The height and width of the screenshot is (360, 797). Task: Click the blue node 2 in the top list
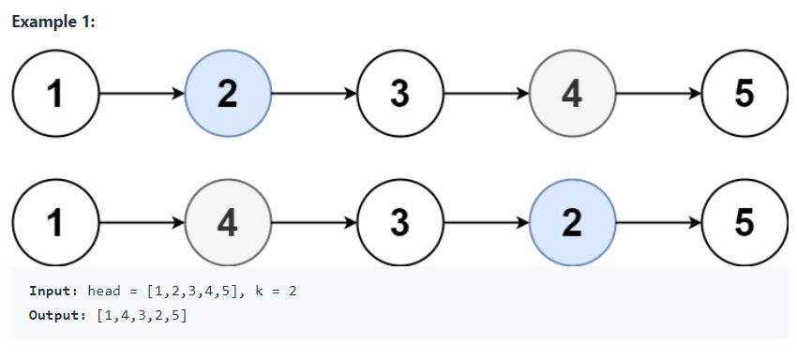point(228,95)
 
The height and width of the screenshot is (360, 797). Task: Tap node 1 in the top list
point(56,95)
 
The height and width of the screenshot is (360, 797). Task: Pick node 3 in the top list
point(400,95)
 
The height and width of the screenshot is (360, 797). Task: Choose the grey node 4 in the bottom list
point(228,223)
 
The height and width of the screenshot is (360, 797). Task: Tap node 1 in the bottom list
point(56,223)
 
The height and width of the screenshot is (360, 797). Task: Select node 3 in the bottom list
point(400,223)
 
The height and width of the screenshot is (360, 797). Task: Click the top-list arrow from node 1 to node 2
point(142,95)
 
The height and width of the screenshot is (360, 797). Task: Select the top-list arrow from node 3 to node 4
point(487,95)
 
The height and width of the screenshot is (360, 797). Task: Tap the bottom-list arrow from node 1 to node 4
point(142,223)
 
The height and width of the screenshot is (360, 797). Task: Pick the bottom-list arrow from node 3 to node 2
point(487,223)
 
